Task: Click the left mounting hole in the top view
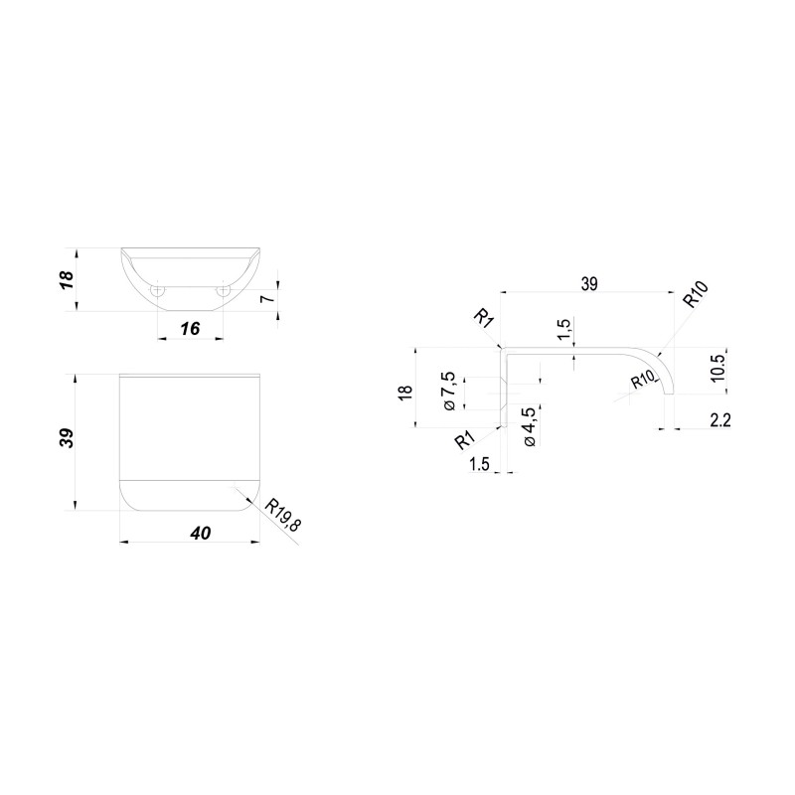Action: pyautogui.click(x=158, y=291)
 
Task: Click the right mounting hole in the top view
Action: pyautogui.click(x=223, y=291)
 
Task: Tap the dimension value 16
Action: pyautogui.click(x=190, y=329)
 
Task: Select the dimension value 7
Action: pyautogui.click(x=269, y=298)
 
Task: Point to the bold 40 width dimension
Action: pyautogui.click(x=201, y=533)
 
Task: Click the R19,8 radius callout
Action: pyautogui.click(x=282, y=515)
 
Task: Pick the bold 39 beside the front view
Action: pyautogui.click(x=68, y=438)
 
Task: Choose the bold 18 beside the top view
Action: pyautogui.click(x=68, y=280)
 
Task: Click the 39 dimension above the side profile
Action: pyautogui.click(x=588, y=284)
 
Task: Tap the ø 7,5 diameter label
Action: pyautogui.click(x=449, y=391)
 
